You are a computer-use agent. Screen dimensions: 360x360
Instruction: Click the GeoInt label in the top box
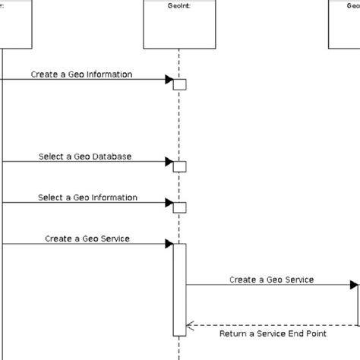pos(178,4)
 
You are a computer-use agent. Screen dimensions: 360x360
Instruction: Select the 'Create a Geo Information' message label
pos(82,74)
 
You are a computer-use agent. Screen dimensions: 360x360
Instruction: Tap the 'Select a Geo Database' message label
pos(85,156)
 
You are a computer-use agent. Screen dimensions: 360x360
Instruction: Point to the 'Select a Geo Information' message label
pos(88,197)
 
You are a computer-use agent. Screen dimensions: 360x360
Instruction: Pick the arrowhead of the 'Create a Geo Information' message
pos(169,79)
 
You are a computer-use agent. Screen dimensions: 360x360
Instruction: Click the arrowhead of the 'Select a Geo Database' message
pos(169,161)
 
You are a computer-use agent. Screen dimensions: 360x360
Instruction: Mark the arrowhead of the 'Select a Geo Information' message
pos(169,202)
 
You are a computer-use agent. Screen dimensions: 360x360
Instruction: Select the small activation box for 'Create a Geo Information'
pos(179,84)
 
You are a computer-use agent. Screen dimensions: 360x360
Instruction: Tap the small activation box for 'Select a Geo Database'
pos(179,166)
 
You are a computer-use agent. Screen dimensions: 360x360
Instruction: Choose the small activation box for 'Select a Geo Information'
pos(179,207)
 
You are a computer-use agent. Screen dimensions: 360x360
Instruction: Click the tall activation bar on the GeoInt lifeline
pos(179,289)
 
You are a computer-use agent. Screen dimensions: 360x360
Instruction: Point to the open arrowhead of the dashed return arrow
pos(190,325)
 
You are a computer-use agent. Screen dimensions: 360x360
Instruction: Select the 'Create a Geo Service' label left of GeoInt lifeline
pos(87,238)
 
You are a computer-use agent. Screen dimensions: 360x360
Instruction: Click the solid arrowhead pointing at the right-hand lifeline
pos(354,285)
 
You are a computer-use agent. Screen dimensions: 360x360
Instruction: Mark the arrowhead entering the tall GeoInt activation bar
pos(169,244)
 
